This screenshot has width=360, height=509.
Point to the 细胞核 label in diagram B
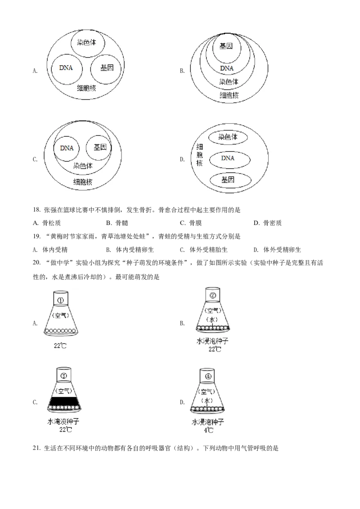click(x=229, y=95)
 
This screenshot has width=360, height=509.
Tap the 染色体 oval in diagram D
click(x=228, y=137)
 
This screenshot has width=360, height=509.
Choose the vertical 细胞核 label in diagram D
click(x=199, y=155)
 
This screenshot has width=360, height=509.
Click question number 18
click(x=36, y=210)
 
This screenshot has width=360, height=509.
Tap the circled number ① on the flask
click(x=60, y=300)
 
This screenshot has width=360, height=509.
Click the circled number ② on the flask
click(x=213, y=295)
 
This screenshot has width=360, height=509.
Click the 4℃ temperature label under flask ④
click(x=208, y=430)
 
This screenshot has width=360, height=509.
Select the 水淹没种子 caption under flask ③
click(x=63, y=422)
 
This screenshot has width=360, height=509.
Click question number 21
click(x=36, y=448)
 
